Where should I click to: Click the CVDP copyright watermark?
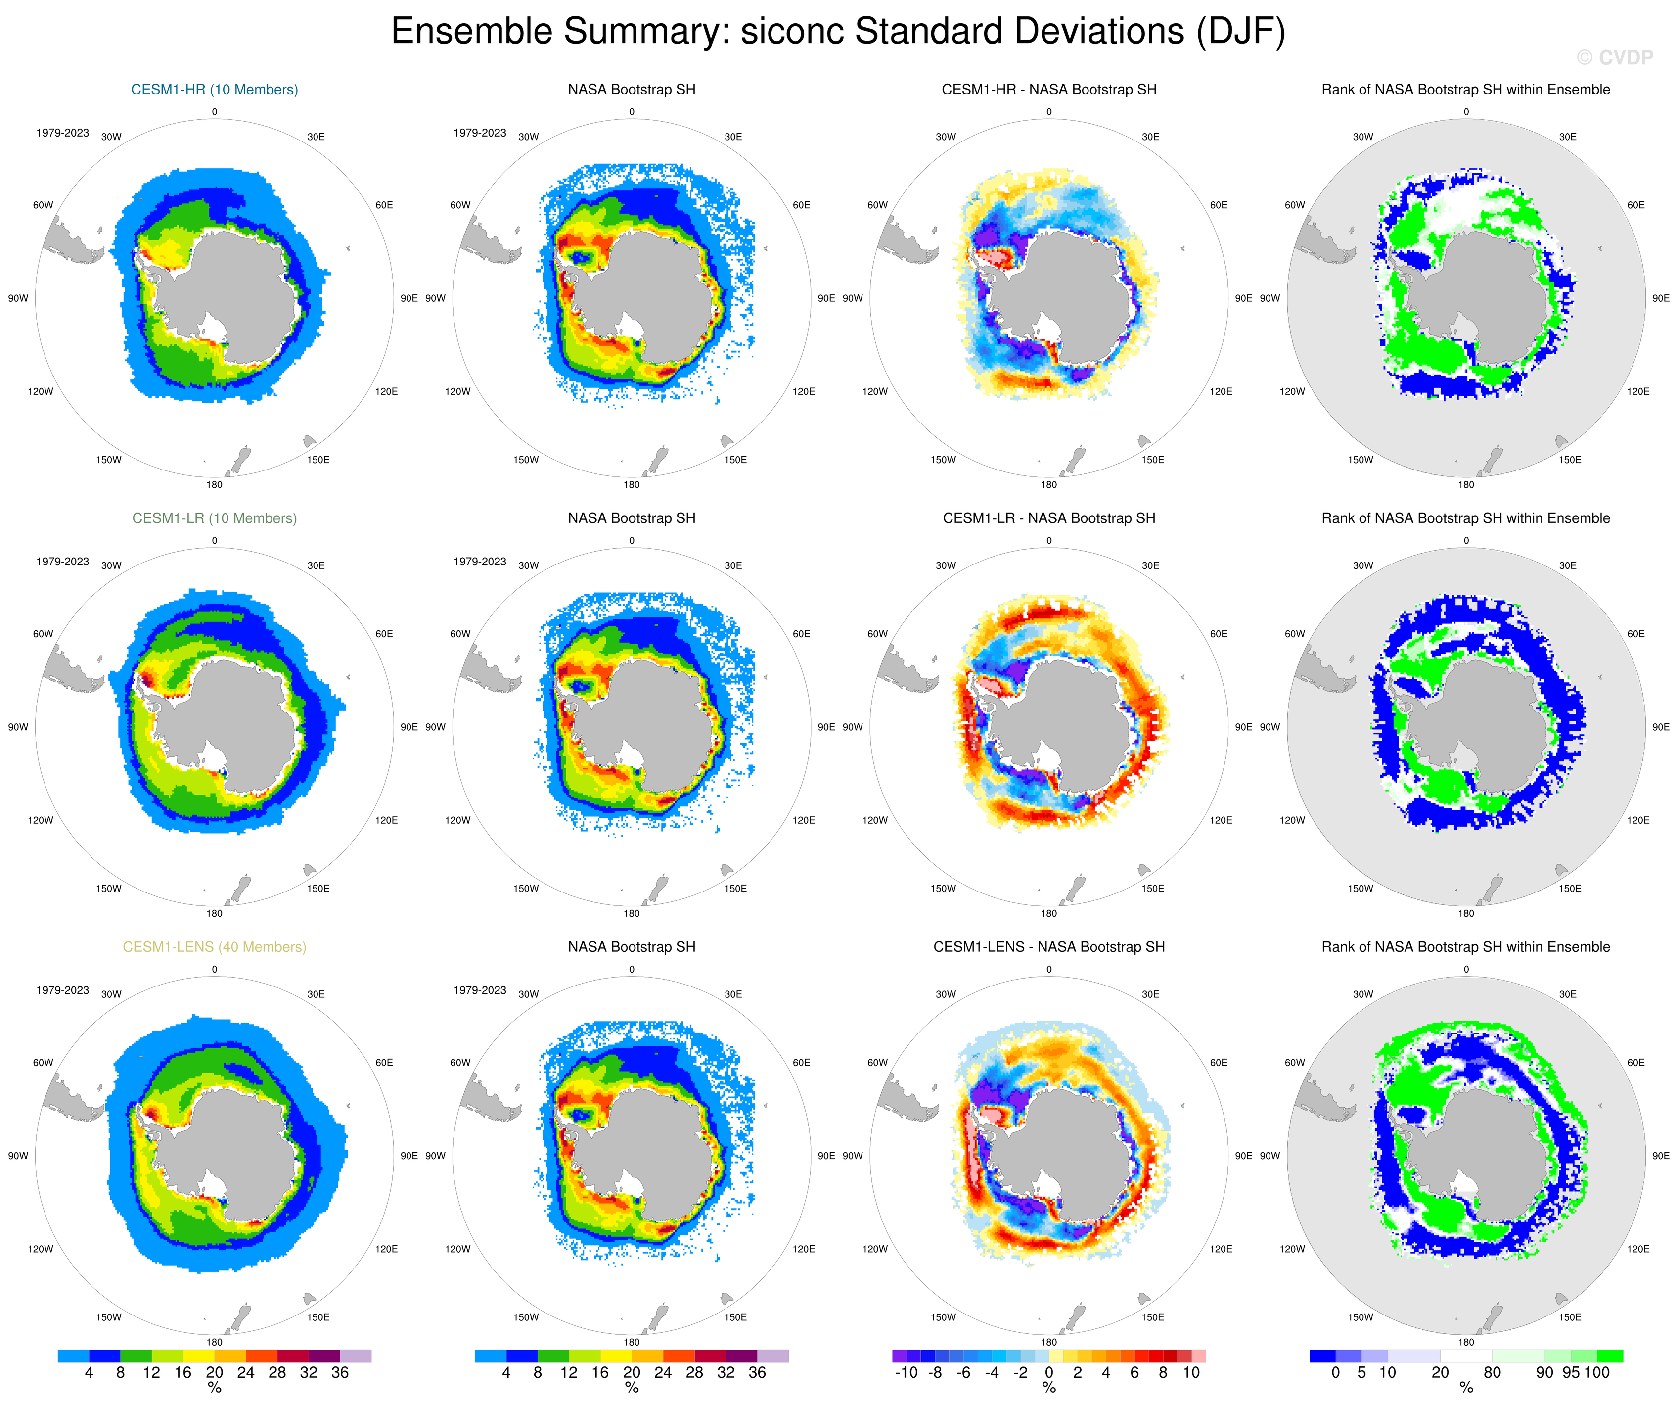(1614, 57)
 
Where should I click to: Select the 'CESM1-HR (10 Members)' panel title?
(214, 90)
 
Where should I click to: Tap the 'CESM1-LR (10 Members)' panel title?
(214, 518)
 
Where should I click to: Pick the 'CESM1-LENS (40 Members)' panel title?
(214, 947)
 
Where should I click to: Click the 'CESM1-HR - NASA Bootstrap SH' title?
(1048, 90)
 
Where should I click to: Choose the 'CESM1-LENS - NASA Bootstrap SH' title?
(1048, 947)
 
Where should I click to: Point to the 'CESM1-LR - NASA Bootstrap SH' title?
(1048, 518)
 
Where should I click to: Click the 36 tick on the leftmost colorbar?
(340, 1373)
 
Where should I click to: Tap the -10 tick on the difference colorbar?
(906, 1373)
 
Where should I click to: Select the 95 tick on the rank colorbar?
(1571, 1373)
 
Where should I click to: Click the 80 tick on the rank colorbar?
(1492, 1373)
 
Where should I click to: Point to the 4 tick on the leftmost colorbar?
(89, 1373)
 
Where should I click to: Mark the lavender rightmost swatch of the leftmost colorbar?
(356, 1356)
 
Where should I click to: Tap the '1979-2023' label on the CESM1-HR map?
(62, 133)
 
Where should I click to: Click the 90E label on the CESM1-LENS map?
(408, 1156)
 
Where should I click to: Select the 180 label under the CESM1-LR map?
(214, 913)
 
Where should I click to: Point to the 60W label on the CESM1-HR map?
(43, 205)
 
